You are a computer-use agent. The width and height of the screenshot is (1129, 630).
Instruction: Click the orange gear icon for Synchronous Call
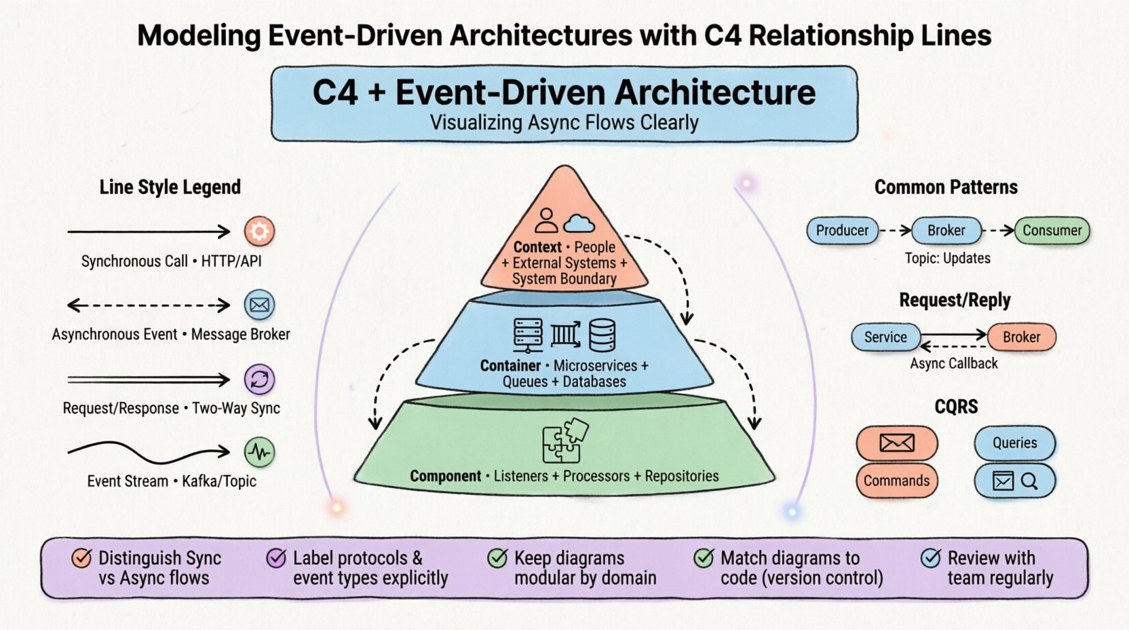pyautogui.click(x=259, y=231)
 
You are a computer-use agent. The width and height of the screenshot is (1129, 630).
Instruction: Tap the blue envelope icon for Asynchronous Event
pyautogui.click(x=259, y=305)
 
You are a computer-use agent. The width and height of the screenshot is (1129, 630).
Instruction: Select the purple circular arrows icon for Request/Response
pyautogui.click(x=259, y=379)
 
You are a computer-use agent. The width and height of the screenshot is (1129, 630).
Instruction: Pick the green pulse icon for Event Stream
pyautogui.click(x=259, y=452)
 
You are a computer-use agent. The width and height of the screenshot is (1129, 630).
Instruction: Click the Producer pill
pyautogui.click(x=842, y=231)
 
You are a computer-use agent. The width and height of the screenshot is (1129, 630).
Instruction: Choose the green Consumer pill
pyautogui.click(x=1052, y=231)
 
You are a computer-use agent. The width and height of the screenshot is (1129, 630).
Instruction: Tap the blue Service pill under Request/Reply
pyautogui.click(x=885, y=337)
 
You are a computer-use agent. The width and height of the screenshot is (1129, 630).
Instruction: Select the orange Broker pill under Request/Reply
pyautogui.click(x=1021, y=337)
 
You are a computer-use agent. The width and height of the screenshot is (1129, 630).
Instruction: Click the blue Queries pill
pyautogui.click(x=1014, y=443)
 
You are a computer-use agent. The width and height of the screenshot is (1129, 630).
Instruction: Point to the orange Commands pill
pyautogui.click(x=896, y=481)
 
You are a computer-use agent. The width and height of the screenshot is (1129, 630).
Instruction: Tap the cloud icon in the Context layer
pyautogui.click(x=579, y=223)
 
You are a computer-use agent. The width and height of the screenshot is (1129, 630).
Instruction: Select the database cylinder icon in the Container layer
pyautogui.click(x=602, y=335)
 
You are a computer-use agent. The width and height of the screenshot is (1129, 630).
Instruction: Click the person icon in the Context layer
pyautogui.click(x=546, y=221)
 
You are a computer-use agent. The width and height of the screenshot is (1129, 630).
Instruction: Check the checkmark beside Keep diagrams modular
pyautogui.click(x=498, y=558)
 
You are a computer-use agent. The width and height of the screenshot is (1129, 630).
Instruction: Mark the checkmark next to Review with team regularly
pyautogui.click(x=931, y=558)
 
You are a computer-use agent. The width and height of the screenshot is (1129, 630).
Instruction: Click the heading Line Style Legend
pyautogui.click(x=170, y=187)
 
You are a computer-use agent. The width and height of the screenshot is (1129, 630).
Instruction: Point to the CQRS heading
pyautogui.click(x=956, y=407)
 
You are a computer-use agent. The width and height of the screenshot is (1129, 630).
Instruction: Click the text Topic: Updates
pyautogui.click(x=947, y=259)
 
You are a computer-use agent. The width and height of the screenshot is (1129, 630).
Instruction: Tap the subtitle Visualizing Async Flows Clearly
pyautogui.click(x=564, y=123)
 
